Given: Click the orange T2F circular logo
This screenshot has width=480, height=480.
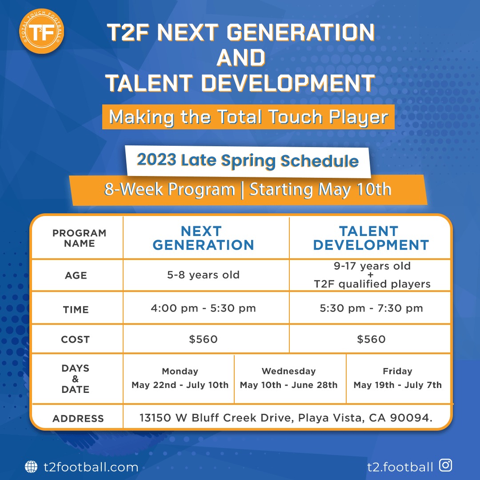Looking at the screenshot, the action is coord(41,31).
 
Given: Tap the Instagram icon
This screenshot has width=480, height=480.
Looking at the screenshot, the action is coord(445,465).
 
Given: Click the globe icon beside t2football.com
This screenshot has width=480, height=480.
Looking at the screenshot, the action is coord(31,467).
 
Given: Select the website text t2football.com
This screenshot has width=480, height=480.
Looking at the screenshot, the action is coord(91,467).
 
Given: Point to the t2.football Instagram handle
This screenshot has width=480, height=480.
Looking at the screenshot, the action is coord(400,467).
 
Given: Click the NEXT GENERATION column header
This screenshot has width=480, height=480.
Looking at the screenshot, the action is coord(203,238).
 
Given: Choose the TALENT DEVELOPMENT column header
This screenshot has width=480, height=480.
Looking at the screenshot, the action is coord(371,238).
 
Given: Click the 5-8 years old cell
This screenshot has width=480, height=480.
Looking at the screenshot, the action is coord(203,275).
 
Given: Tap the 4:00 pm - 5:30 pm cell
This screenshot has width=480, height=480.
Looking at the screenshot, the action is coord(203,308).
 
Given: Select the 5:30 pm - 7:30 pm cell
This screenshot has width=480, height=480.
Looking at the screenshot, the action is coord(371,308).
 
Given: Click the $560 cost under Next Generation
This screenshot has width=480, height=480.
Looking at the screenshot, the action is coord(203,339).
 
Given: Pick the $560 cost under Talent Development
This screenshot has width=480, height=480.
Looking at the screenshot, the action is coord(371,339).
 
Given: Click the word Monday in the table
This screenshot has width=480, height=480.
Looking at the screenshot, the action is coord(180,371).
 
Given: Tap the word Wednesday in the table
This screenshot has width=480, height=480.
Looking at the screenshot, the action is coord(289,371).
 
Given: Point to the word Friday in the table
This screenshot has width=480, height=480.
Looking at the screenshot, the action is coord(398,371).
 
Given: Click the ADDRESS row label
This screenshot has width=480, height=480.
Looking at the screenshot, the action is coord(78,419).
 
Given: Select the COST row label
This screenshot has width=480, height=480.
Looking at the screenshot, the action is coord(75,340).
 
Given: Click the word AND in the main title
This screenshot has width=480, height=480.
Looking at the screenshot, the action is coord(241,57).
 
